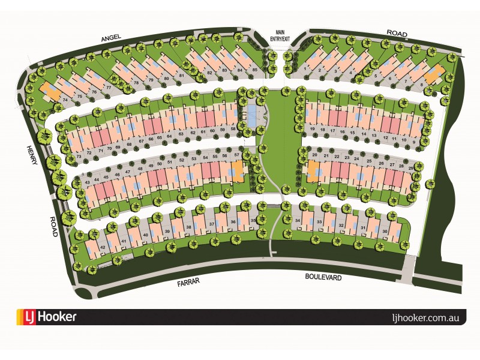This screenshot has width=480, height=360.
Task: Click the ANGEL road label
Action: (112, 37)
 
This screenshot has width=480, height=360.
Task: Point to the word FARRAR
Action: (188, 280)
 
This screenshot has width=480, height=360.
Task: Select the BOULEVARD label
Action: (323, 277)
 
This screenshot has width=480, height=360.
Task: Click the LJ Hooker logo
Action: (47, 317)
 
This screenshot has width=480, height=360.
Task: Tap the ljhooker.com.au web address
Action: (424, 317)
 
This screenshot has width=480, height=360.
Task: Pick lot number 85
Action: (254, 70)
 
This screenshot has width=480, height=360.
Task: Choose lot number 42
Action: (103, 247)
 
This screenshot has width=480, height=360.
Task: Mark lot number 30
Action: (385, 231)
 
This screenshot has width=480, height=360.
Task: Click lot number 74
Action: (65, 100)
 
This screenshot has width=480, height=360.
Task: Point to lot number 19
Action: (313, 129)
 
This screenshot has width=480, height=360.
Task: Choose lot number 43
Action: (88, 182)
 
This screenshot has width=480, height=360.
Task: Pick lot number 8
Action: (421, 85)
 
